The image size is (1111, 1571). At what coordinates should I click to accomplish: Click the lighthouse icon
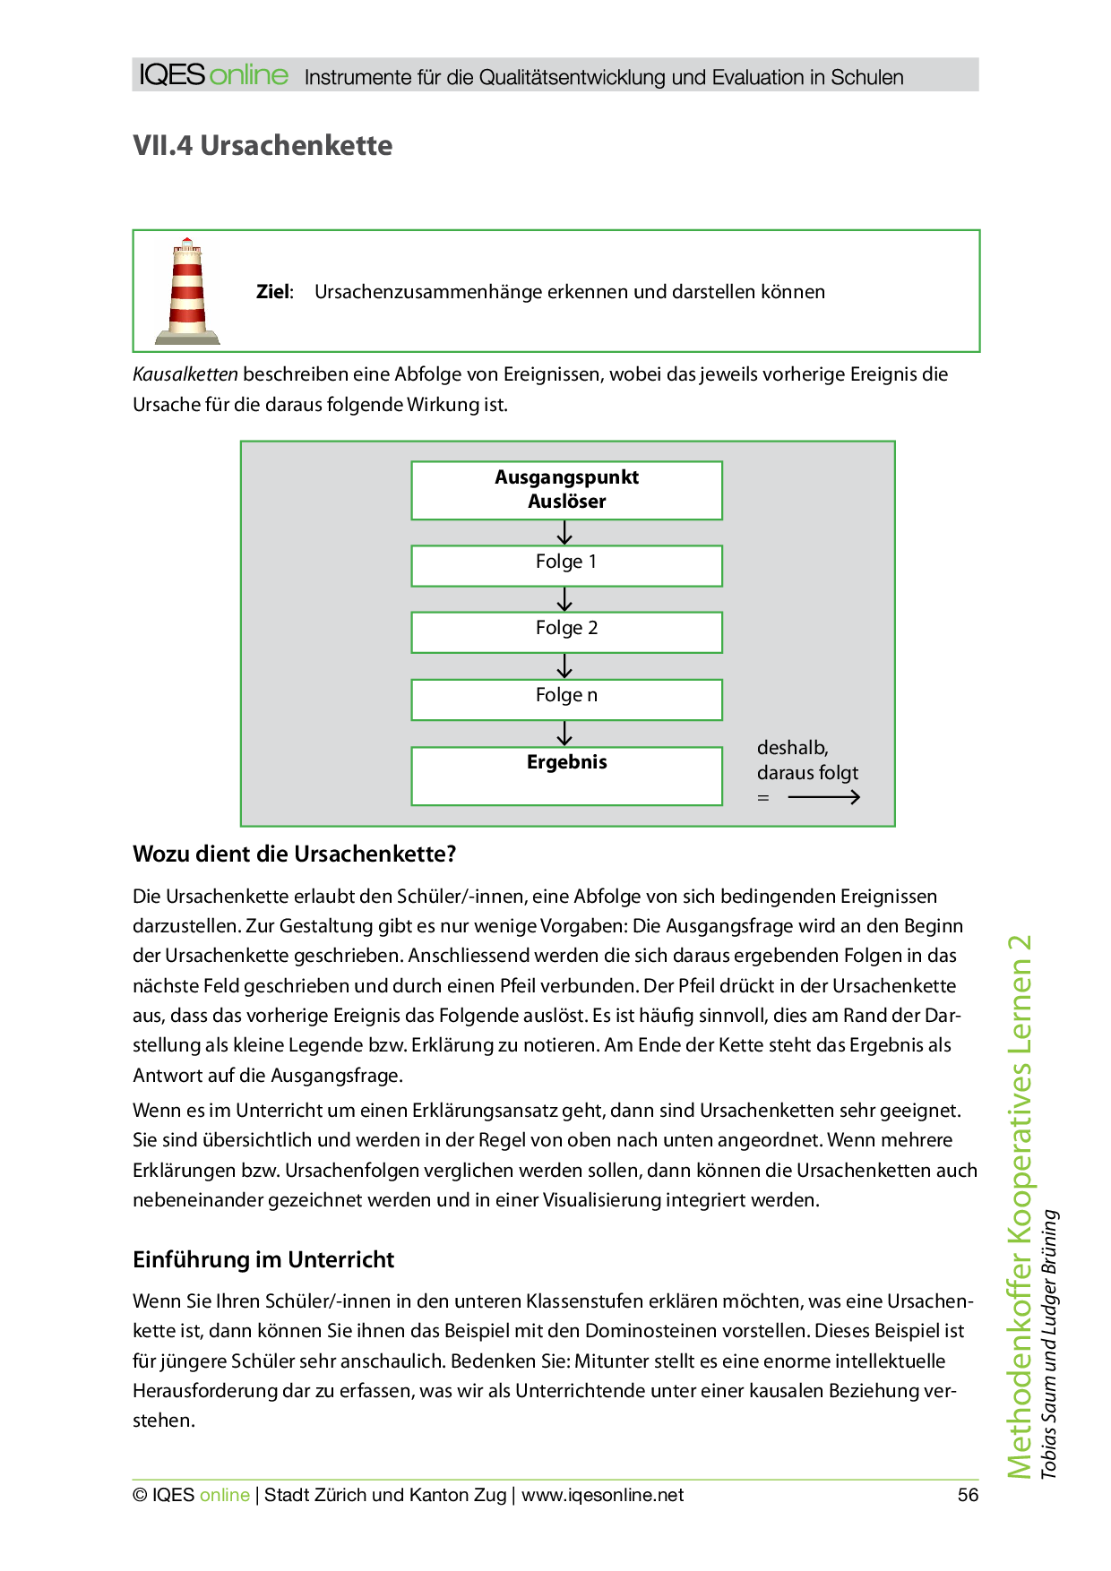(187, 291)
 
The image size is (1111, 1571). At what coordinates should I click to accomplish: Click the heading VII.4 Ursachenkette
(263, 145)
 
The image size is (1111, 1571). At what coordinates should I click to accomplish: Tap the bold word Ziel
(273, 292)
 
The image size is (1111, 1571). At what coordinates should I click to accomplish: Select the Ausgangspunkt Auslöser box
(566, 490)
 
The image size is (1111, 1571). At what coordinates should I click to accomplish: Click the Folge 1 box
(566, 566)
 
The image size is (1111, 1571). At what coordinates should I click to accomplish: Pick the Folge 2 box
(566, 632)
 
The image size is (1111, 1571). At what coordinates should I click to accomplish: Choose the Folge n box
(566, 700)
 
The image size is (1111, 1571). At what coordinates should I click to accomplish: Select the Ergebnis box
(566, 776)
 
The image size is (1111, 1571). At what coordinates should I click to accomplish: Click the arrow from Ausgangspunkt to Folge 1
(564, 533)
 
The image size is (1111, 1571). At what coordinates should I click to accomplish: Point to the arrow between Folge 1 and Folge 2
(564, 599)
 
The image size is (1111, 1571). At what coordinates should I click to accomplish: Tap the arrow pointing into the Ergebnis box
(564, 734)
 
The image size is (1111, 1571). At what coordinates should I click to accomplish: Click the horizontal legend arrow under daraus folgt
(823, 797)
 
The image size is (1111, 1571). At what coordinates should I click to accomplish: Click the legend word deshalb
(792, 748)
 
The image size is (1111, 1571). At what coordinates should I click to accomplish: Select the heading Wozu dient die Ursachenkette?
(294, 854)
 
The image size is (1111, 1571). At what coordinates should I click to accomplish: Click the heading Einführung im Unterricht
(263, 1259)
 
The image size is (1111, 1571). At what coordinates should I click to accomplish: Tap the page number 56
(968, 1495)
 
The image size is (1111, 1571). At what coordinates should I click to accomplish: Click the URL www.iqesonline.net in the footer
(602, 1495)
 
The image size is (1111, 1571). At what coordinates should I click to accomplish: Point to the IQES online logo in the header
(213, 75)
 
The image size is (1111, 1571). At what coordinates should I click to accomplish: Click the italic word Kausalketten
(185, 374)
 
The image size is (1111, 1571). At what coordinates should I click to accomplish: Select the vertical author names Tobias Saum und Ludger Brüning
(1049, 1344)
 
